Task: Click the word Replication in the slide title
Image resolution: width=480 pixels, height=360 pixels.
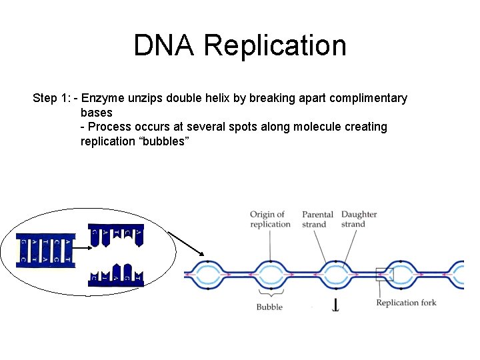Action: click(275, 46)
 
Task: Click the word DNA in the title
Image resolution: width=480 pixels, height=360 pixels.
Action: click(165, 46)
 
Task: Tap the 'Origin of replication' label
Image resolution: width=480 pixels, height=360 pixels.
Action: click(270, 219)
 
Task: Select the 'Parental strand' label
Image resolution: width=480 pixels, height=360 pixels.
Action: click(317, 219)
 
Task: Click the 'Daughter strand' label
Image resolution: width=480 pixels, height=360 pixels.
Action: click(359, 219)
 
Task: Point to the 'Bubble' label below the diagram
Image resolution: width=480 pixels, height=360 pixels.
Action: click(269, 307)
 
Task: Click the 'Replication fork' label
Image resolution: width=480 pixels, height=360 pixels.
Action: click(406, 303)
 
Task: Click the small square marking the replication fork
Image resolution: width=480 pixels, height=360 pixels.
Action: click(385, 273)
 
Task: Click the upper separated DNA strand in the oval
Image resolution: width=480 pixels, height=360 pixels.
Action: click(116, 235)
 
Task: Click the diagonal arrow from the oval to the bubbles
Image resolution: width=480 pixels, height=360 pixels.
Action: click(186, 243)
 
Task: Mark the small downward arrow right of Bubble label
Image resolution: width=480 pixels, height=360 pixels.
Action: click(335, 306)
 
